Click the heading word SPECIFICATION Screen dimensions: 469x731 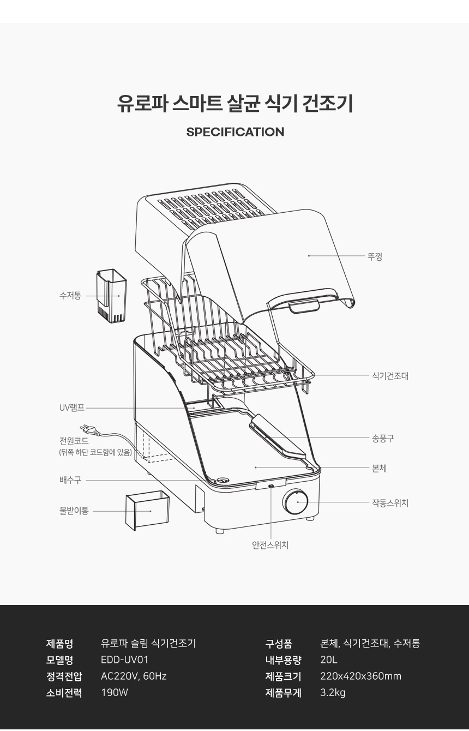tap(234, 132)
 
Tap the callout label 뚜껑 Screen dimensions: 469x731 tap(375, 256)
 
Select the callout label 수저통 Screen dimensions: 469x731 tap(70, 296)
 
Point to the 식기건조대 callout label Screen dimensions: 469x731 tap(390, 376)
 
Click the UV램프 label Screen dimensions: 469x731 tap(72, 408)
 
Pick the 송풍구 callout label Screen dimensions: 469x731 tap(383, 438)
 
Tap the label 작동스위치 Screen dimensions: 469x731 tap(390, 503)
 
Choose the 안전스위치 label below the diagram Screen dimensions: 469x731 tap(270, 545)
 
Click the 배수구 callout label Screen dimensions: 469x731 tap(70, 480)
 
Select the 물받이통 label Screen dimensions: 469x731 tap(74, 511)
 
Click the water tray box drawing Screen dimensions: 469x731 tap(147, 510)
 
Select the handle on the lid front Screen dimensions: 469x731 tap(304, 307)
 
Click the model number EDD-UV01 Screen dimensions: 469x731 tap(125, 660)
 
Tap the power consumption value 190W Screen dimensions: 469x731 tap(115, 693)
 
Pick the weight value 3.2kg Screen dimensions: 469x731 tap(333, 693)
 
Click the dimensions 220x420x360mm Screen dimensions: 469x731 tap(360, 676)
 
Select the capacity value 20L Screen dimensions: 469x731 tap(329, 660)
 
